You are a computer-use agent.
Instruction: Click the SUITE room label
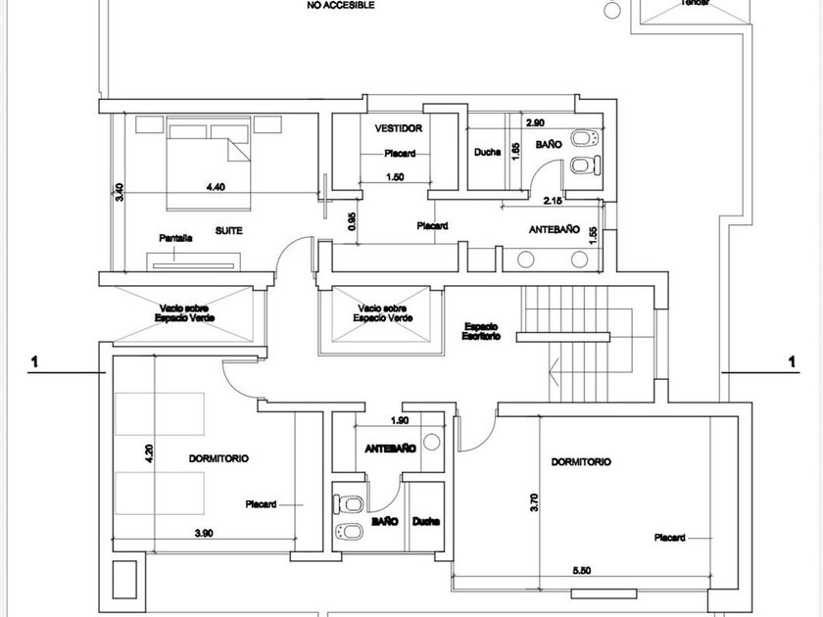[228, 230]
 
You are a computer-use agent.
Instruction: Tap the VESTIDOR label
[398, 128]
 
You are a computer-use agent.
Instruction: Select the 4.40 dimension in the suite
[216, 187]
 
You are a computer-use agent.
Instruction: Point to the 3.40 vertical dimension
[120, 192]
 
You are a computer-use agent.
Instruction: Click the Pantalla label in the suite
[175, 238]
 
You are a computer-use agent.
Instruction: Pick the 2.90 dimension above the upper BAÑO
[535, 122]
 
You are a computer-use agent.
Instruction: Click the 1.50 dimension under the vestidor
[396, 177]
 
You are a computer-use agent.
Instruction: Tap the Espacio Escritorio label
[482, 330]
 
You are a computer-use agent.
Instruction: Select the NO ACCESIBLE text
[340, 5]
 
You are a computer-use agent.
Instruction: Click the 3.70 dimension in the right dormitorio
[534, 501]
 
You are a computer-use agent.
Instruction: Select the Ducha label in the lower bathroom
[425, 522]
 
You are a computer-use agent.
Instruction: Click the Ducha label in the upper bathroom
[487, 152]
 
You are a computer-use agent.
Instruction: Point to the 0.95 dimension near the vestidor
[352, 221]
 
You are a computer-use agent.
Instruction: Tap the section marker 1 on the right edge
[792, 362]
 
